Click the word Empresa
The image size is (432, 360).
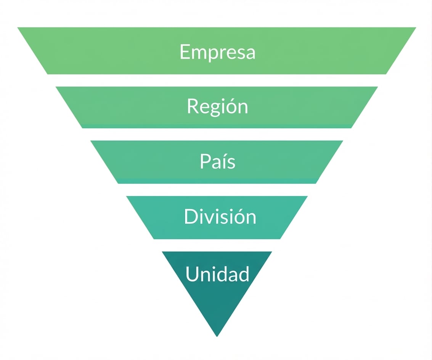[x=218, y=52]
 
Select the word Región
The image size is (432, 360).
[x=218, y=106]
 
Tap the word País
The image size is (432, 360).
[x=218, y=161]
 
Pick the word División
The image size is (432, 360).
[x=220, y=216]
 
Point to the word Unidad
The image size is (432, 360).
[x=217, y=274]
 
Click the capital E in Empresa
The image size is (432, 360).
[x=185, y=51]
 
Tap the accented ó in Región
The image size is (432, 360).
[x=227, y=106]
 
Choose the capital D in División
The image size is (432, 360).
[x=191, y=216]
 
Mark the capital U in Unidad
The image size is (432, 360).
[x=192, y=274]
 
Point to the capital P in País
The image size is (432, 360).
[x=205, y=161]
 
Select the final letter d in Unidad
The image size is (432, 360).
[x=244, y=274]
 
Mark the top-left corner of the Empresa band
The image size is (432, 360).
[x=18, y=27]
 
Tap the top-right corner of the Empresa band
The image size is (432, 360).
[x=416, y=27]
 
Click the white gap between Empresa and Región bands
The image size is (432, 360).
[x=217, y=80]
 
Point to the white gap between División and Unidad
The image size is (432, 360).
[x=217, y=245]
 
